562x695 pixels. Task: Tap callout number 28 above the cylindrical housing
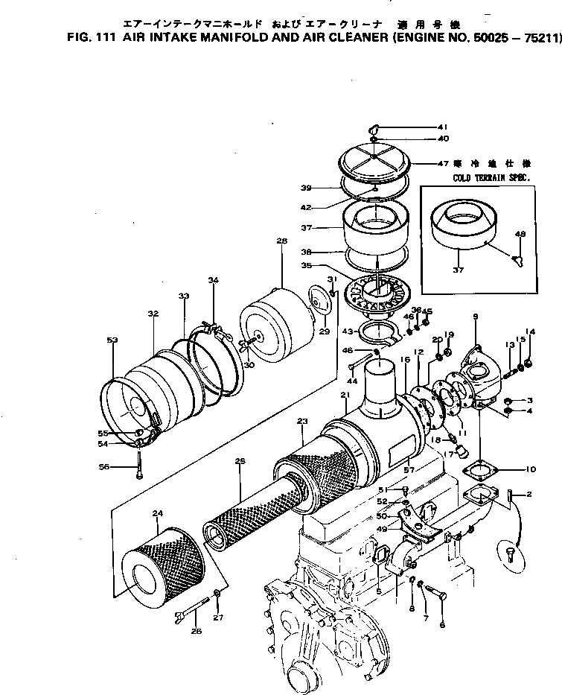coord(281,241)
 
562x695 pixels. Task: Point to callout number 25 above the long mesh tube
coord(240,462)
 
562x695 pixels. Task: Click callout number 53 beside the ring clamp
coord(112,340)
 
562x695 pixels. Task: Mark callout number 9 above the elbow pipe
coord(474,317)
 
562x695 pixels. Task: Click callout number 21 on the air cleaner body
coord(345,395)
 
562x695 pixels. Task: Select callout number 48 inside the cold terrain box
coord(520,235)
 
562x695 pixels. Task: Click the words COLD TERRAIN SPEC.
coord(491,179)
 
